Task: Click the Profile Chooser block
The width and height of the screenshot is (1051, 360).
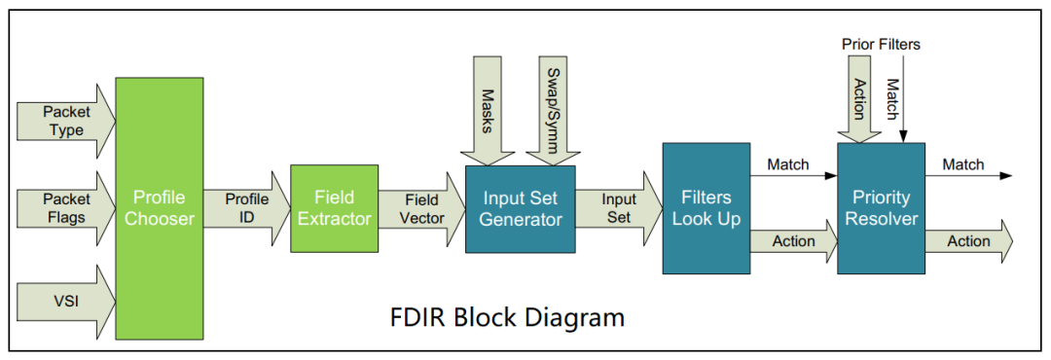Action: pyautogui.click(x=160, y=208)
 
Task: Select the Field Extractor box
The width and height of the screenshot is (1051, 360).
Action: pyautogui.click(x=334, y=208)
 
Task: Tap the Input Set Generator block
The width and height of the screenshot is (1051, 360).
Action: pyautogui.click(x=520, y=208)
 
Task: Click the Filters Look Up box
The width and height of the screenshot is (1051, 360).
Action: pyautogui.click(x=706, y=208)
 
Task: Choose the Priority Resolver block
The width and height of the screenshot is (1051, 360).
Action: pyautogui.click(x=880, y=208)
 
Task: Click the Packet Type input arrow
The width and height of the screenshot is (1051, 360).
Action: pyautogui.click(x=66, y=121)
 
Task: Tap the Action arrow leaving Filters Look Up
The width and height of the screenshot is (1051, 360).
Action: pyautogui.click(x=793, y=241)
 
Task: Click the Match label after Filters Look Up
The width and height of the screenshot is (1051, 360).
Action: pyautogui.click(x=787, y=164)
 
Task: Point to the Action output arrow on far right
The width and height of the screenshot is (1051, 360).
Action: pyautogui.click(x=968, y=241)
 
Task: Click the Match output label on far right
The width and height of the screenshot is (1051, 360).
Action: pyautogui.click(x=962, y=164)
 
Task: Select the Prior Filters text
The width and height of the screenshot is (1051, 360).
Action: pyautogui.click(x=881, y=44)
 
